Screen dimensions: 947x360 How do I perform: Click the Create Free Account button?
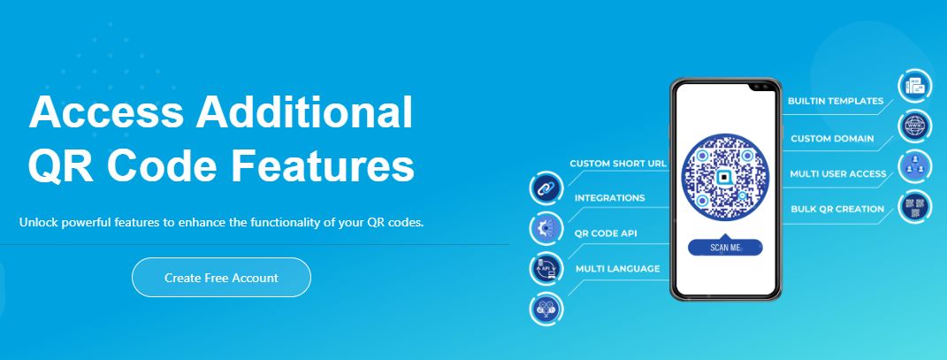pyautogui.click(x=221, y=277)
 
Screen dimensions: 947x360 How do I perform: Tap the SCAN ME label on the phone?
pyautogui.click(x=725, y=247)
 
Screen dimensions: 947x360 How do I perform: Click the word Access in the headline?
pyautogui.click(x=106, y=112)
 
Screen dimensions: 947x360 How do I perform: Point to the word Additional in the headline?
pyautogui.click(x=304, y=112)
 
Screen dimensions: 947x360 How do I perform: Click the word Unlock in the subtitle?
pyautogui.click(x=39, y=222)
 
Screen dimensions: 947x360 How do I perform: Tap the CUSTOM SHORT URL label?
pyautogui.click(x=618, y=163)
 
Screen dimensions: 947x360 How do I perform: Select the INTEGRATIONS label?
pyautogui.click(x=609, y=198)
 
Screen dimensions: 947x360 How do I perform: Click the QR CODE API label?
pyautogui.click(x=605, y=234)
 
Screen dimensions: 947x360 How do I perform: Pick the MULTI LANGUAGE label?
pyautogui.click(x=617, y=268)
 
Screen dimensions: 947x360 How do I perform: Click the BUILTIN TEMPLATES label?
pyautogui.click(x=836, y=101)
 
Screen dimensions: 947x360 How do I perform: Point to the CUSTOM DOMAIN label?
pyautogui.click(x=832, y=138)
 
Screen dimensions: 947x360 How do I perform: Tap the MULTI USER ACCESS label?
pyautogui.click(x=837, y=174)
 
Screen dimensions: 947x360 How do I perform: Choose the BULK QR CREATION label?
pyautogui.click(x=837, y=209)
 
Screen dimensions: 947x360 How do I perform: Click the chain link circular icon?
pyautogui.click(x=546, y=188)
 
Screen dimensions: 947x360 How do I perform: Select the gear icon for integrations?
pyautogui.click(x=546, y=228)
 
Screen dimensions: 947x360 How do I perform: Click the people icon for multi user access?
pyautogui.click(x=915, y=166)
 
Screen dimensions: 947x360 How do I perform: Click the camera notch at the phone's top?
pyautogui.click(x=763, y=87)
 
